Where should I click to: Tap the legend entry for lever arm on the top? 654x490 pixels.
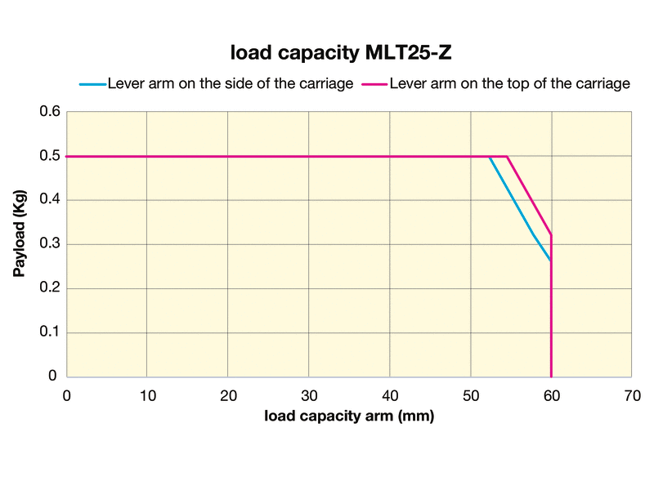click(x=510, y=83)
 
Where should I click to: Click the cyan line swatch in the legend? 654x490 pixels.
click(x=92, y=83)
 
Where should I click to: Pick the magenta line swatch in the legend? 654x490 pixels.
click(x=374, y=83)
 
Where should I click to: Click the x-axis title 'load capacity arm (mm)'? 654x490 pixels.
click(x=348, y=416)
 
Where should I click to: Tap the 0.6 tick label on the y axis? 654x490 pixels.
click(x=50, y=112)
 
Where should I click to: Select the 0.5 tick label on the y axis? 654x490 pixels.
click(x=50, y=156)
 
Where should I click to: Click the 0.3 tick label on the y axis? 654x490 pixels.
click(x=50, y=244)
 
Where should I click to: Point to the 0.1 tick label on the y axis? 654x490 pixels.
click(x=50, y=332)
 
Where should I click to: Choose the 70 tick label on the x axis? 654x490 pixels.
click(x=632, y=396)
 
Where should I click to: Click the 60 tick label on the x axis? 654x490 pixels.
click(x=551, y=396)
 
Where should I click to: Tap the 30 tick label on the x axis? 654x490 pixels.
click(x=308, y=396)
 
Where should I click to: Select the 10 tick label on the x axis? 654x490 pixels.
click(x=146, y=396)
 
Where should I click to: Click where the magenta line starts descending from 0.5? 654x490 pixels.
click(x=508, y=156)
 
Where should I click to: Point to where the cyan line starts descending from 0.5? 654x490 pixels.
click(x=490, y=157)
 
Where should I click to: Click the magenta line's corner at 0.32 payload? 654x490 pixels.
click(x=552, y=235)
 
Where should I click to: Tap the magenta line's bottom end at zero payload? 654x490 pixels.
click(x=552, y=376)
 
